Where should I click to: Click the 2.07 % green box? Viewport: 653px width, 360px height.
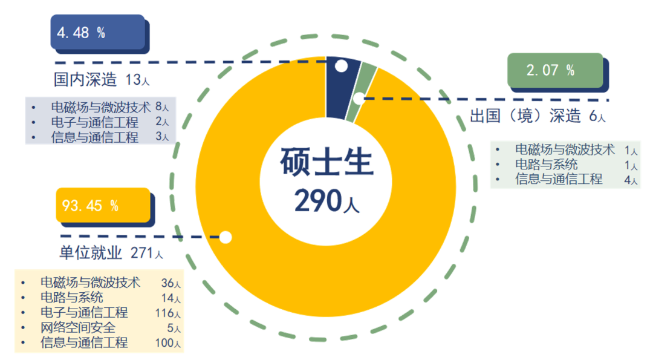[555, 70]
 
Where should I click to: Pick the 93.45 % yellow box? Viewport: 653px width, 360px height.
[103, 206]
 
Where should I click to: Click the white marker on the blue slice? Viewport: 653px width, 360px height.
[341, 66]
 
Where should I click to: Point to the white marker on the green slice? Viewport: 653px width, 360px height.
[359, 98]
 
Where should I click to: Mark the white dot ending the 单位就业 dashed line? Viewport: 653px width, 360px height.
[225, 237]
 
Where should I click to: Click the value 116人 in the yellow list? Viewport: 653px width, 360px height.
[167, 313]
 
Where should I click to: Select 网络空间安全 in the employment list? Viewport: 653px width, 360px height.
[78, 328]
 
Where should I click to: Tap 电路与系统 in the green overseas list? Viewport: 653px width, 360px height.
[547, 165]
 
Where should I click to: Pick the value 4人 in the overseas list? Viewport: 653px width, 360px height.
[631, 180]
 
